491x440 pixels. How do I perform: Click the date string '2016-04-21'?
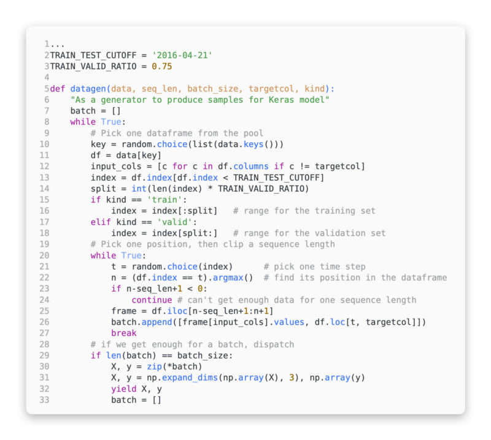(x=182, y=55)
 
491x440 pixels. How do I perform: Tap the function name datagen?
(x=85, y=88)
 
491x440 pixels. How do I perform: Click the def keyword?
(x=57, y=88)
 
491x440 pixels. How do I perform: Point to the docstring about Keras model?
(x=200, y=99)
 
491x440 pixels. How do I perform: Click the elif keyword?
(x=101, y=221)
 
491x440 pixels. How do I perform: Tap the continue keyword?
(x=152, y=300)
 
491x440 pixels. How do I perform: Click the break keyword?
(x=124, y=333)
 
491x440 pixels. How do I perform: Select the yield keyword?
(x=124, y=389)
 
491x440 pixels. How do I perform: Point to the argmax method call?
(x=228, y=277)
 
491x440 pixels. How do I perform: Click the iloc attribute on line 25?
(x=182, y=311)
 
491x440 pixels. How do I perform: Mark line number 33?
(x=44, y=400)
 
